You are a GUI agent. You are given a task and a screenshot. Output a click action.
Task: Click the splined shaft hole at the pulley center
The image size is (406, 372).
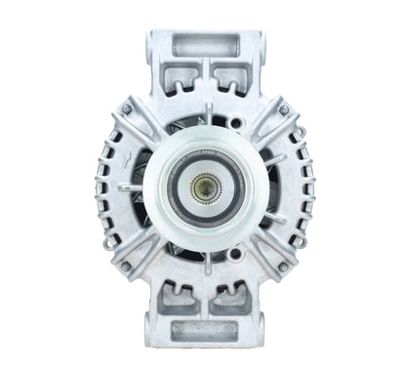pos(204,186)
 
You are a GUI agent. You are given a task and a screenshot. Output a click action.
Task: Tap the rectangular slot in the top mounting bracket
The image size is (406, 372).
pos(204,45)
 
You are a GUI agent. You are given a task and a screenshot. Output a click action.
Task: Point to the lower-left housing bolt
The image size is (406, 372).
pos(125,266)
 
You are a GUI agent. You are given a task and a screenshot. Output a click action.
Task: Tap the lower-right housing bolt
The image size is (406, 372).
pos(284,266)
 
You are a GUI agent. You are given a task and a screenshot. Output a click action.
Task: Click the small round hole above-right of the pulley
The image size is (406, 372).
pos(237,123)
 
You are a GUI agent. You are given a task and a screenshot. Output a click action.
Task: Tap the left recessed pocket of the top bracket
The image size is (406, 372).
pos(180,79)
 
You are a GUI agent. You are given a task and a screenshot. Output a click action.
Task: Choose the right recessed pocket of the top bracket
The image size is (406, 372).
pos(229,79)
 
